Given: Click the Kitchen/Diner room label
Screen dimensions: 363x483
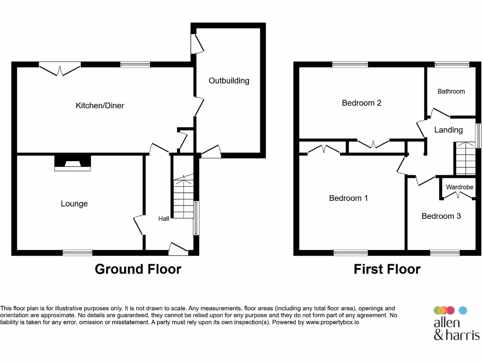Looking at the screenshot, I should [100, 105].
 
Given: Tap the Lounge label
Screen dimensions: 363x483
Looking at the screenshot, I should [74, 204].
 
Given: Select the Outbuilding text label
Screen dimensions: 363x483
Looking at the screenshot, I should [229, 81].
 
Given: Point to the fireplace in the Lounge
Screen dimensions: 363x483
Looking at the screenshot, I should [73, 163].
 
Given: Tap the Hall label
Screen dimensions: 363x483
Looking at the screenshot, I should [164, 219].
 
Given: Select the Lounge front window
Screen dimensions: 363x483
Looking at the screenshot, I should [77, 253].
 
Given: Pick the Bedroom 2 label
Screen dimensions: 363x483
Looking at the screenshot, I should [361, 103].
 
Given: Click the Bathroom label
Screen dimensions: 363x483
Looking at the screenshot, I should [451, 92].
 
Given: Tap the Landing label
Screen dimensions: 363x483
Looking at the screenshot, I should [448, 130].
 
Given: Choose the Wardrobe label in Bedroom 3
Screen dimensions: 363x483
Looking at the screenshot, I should [459, 187].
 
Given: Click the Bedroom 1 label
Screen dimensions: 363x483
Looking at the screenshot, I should [348, 199].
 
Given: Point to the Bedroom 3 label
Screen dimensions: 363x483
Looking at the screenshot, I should [441, 216].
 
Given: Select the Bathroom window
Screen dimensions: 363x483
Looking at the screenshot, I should [451, 65].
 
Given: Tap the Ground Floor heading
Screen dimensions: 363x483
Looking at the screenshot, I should [138, 269].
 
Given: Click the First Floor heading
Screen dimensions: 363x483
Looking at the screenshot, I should [387, 269].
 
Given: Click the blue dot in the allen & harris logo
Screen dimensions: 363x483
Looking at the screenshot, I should [463, 311].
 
